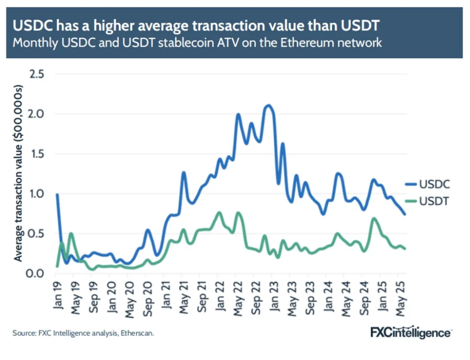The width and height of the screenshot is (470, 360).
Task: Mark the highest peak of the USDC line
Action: [269, 105]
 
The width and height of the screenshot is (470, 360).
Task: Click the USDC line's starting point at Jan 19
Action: [57, 195]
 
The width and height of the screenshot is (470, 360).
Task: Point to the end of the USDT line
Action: [405, 249]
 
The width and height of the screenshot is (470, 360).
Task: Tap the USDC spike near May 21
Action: [184, 173]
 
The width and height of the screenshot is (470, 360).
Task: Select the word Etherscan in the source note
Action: [137, 333]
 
